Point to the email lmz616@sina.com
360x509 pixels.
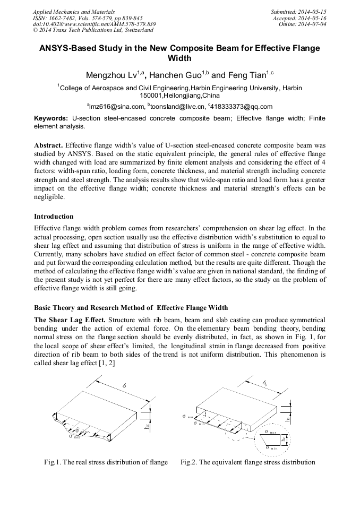pyautogui.click(x=117, y=106)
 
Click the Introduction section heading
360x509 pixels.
pyautogui.click(x=54, y=217)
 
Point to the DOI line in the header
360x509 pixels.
pyautogui.click(x=94, y=24)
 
